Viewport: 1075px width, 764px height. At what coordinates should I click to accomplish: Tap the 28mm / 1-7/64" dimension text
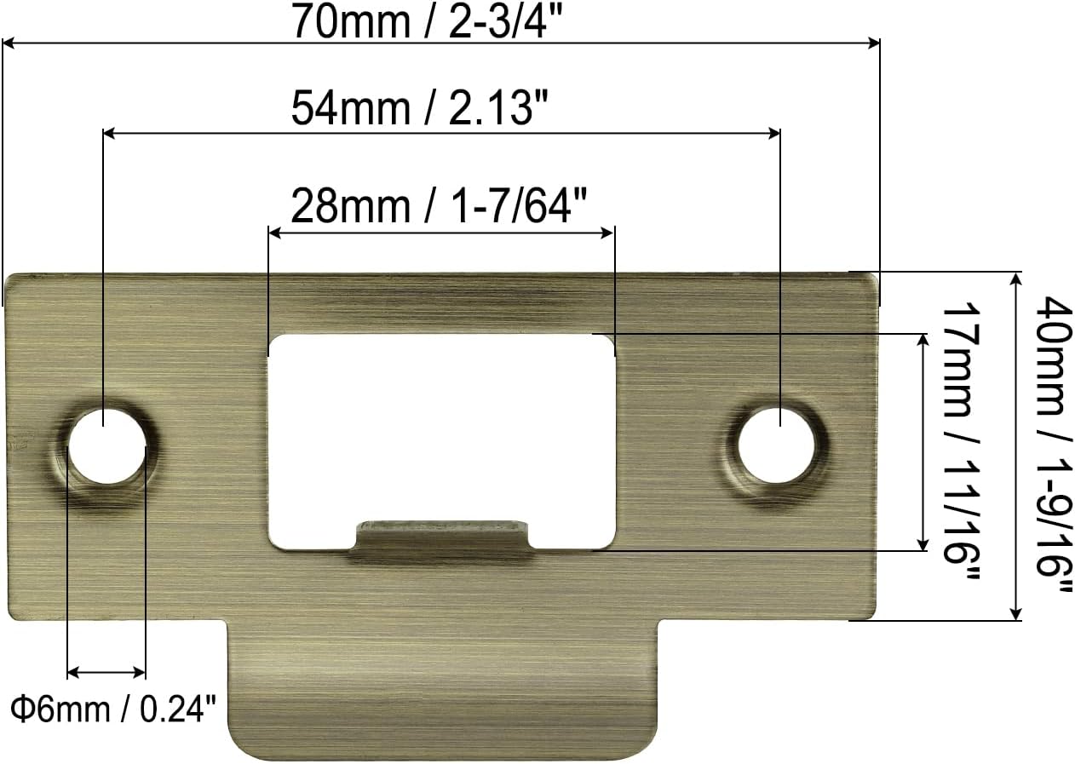[440, 205]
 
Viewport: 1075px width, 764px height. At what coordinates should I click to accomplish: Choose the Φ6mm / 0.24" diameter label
[113, 707]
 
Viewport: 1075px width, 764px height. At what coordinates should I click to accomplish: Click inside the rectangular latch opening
[440, 426]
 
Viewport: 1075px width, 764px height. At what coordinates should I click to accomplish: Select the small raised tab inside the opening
[440, 537]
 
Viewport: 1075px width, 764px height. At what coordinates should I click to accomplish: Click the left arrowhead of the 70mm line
[10, 43]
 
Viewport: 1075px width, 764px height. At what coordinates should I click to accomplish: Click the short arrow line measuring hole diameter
[106, 672]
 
